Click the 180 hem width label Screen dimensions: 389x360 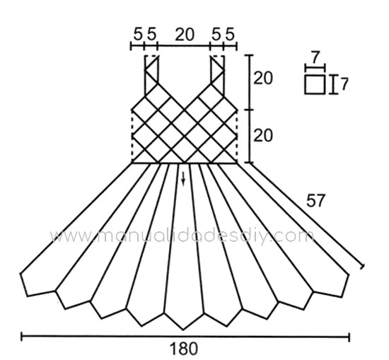click(184, 349)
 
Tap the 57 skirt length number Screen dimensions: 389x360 click(315, 200)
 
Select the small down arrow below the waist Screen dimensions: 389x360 click(183, 179)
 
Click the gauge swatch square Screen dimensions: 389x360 click(315, 84)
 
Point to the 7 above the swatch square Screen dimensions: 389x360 click(315, 57)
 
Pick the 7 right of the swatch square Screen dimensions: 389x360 click(344, 84)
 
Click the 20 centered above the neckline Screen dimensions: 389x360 click(185, 34)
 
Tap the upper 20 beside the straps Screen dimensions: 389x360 click(262, 78)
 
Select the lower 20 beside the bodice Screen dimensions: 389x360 click(262, 135)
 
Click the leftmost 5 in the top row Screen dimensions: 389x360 click(138, 34)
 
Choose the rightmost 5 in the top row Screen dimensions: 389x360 click(230, 34)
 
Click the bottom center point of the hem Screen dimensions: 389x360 click(183, 330)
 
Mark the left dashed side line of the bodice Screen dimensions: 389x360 click(132, 136)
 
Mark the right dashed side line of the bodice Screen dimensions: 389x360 click(237, 136)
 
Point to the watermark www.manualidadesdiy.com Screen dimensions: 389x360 click(182, 236)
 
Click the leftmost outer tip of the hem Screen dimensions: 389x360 click(21, 274)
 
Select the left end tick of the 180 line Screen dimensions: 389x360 click(22, 337)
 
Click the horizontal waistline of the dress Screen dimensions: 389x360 click(184, 163)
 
